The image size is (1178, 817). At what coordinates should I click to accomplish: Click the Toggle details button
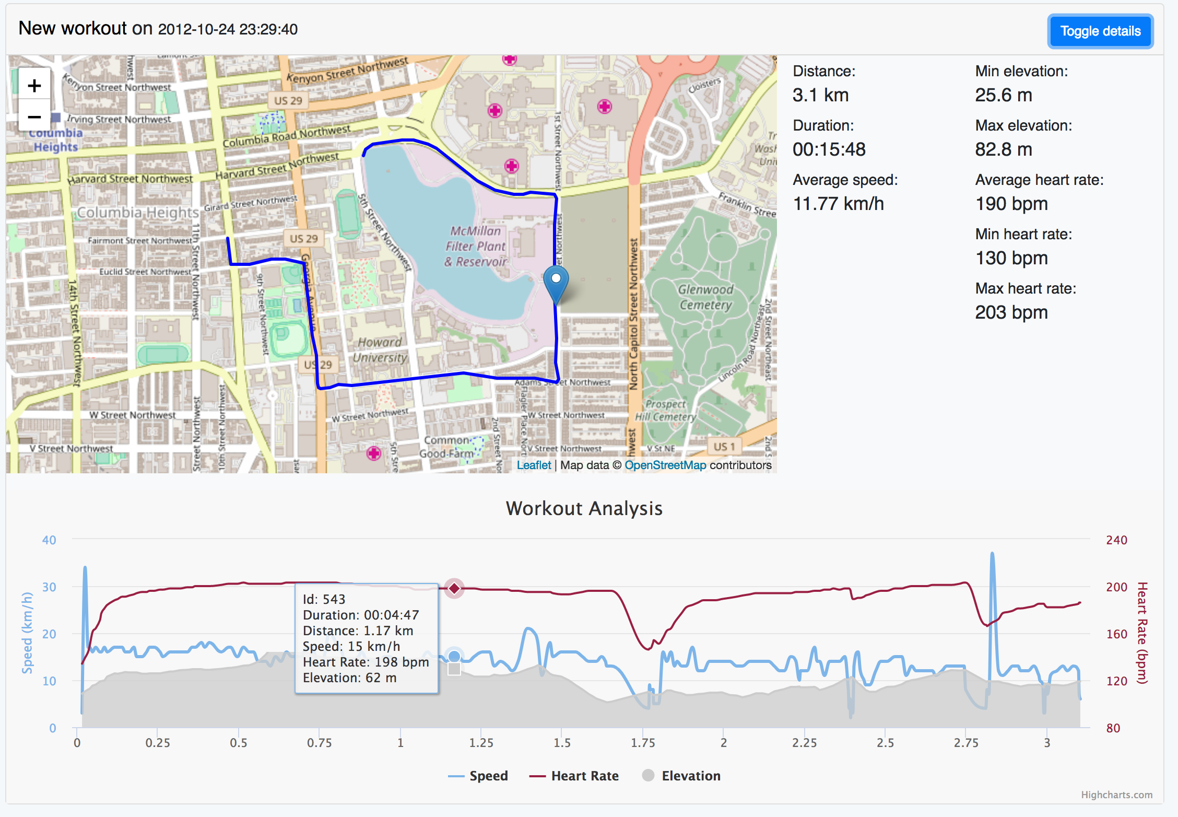(1100, 31)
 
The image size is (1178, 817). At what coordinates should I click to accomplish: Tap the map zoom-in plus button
(34, 85)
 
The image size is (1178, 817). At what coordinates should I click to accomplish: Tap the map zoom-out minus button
(34, 117)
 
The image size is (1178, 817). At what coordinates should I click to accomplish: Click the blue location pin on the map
(556, 282)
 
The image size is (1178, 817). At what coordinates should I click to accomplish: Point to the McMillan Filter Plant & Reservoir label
(475, 246)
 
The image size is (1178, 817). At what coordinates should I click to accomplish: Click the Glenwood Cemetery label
(705, 297)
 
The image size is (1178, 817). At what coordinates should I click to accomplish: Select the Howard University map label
(380, 350)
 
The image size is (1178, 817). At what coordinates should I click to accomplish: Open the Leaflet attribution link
(534, 465)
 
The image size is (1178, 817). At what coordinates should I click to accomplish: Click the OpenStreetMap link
(665, 465)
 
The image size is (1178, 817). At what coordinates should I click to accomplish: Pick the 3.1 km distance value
(820, 95)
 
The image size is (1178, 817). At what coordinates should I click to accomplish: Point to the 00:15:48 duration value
(829, 149)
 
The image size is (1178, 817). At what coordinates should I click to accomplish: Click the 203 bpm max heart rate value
(1011, 312)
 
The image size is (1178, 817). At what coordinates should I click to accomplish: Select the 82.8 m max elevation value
(1004, 149)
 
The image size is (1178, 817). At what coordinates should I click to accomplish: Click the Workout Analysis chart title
(584, 508)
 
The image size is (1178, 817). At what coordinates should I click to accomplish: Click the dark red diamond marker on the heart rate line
(454, 589)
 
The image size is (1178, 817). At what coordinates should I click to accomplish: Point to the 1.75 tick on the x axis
(643, 743)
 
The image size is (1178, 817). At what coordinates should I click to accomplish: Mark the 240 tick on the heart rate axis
(1116, 540)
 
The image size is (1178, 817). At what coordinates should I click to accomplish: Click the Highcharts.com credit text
(1116, 795)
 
